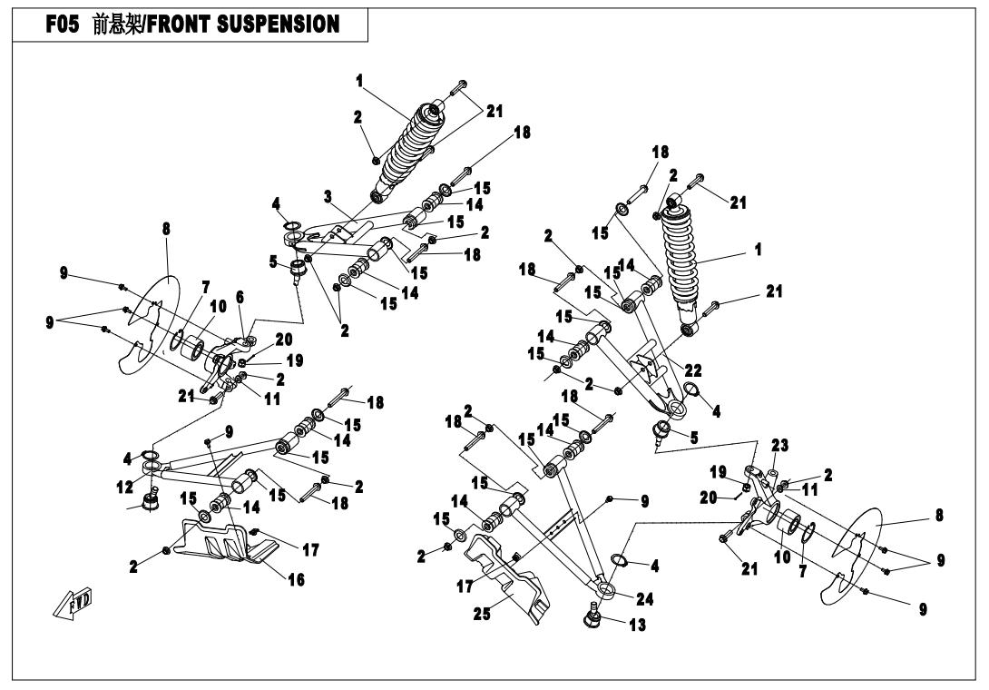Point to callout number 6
240,298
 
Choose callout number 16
296,579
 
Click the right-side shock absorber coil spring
690,258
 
